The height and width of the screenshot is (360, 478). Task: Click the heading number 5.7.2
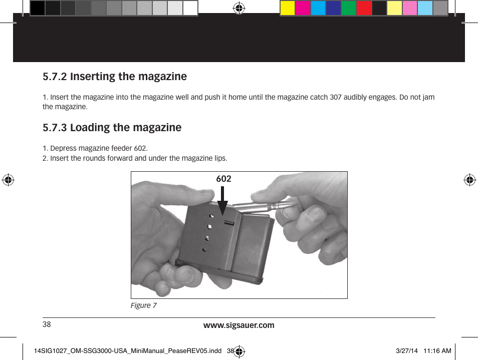(x=55, y=77)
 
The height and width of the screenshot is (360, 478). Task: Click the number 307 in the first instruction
(x=336, y=97)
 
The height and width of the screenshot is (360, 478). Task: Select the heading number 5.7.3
(x=55, y=128)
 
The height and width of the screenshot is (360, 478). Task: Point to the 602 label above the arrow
(x=224, y=179)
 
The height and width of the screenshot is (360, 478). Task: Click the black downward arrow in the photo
(x=223, y=201)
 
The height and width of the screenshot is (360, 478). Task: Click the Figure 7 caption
(x=144, y=305)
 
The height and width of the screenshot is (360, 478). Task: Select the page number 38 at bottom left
(x=47, y=324)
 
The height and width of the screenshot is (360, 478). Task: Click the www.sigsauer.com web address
(x=238, y=325)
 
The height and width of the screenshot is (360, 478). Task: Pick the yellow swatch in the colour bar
(x=288, y=8)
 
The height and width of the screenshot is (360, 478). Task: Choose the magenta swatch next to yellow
(x=303, y=8)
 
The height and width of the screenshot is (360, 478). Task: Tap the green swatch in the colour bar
(x=349, y=8)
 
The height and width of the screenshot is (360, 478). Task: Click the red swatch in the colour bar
(x=364, y=8)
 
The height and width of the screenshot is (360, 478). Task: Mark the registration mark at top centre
(x=239, y=8)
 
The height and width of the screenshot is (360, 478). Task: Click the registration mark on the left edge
(x=8, y=180)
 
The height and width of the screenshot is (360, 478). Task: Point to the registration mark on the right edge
(x=470, y=180)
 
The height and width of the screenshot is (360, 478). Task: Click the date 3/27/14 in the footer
(x=407, y=351)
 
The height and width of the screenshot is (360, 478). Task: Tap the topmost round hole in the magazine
(x=211, y=216)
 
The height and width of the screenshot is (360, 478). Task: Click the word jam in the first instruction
(x=428, y=97)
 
